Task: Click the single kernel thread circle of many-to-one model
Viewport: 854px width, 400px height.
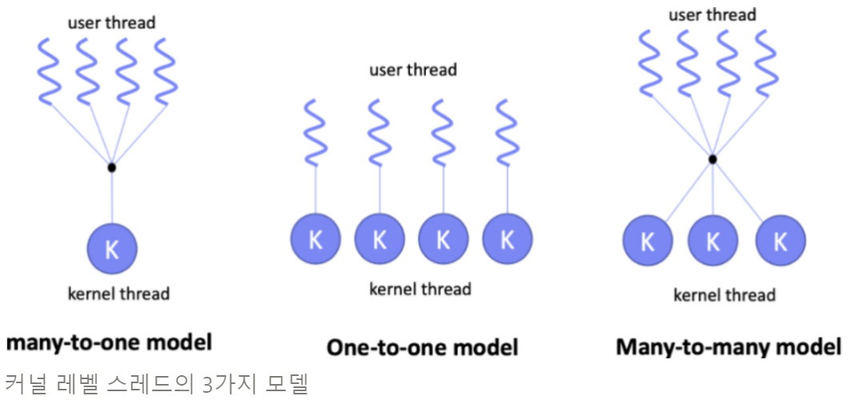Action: pyautogui.click(x=112, y=248)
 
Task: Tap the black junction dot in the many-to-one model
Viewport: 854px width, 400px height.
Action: pyautogui.click(x=112, y=167)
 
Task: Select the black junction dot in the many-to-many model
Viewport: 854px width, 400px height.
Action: pyautogui.click(x=712, y=159)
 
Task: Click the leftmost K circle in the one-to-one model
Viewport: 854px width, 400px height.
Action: pyautogui.click(x=315, y=239)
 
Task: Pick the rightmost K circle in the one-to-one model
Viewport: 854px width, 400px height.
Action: pyautogui.click(x=507, y=239)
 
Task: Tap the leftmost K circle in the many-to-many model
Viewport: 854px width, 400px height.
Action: pyautogui.click(x=648, y=241)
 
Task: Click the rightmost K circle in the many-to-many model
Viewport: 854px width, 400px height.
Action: pyautogui.click(x=780, y=241)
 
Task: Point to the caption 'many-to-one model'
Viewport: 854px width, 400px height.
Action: pyautogui.click(x=110, y=343)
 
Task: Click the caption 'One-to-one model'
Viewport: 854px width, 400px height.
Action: pyautogui.click(x=422, y=347)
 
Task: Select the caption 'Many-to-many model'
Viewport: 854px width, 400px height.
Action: pyautogui.click(x=728, y=347)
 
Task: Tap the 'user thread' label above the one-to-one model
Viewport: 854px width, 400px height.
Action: pyautogui.click(x=413, y=70)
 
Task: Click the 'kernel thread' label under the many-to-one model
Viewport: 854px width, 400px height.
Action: pyautogui.click(x=118, y=294)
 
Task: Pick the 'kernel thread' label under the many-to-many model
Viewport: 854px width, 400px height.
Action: pyautogui.click(x=724, y=295)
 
